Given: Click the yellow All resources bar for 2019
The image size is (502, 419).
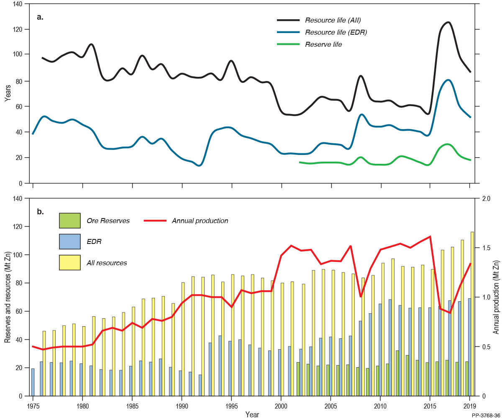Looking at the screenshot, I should pyautogui.click(x=472, y=314).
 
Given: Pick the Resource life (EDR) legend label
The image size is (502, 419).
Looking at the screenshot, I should pyautogui.click(x=336, y=32).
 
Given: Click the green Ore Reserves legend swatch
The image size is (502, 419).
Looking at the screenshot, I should pyautogui.click(x=69, y=221).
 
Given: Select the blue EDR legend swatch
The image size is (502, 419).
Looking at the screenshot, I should pyautogui.click(x=69, y=242).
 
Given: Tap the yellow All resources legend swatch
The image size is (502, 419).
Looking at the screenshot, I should pyautogui.click(x=69, y=263).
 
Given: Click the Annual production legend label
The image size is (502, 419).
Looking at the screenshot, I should pyautogui.click(x=200, y=221).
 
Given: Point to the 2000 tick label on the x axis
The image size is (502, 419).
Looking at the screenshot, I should pyautogui.click(x=281, y=406).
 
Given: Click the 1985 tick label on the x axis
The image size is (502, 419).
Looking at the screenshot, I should pyautogui.click(x=132, y=406).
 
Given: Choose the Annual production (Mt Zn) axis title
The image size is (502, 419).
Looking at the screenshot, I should pyautogui.click(x=497, y=297).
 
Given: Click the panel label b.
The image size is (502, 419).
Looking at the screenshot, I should pyautogui.click(x=40, y=211).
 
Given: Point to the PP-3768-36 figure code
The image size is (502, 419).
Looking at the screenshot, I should pyautogui.click(x=485, y=416).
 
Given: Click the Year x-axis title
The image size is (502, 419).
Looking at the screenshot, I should pyautogui.click(x=252, y=414).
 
